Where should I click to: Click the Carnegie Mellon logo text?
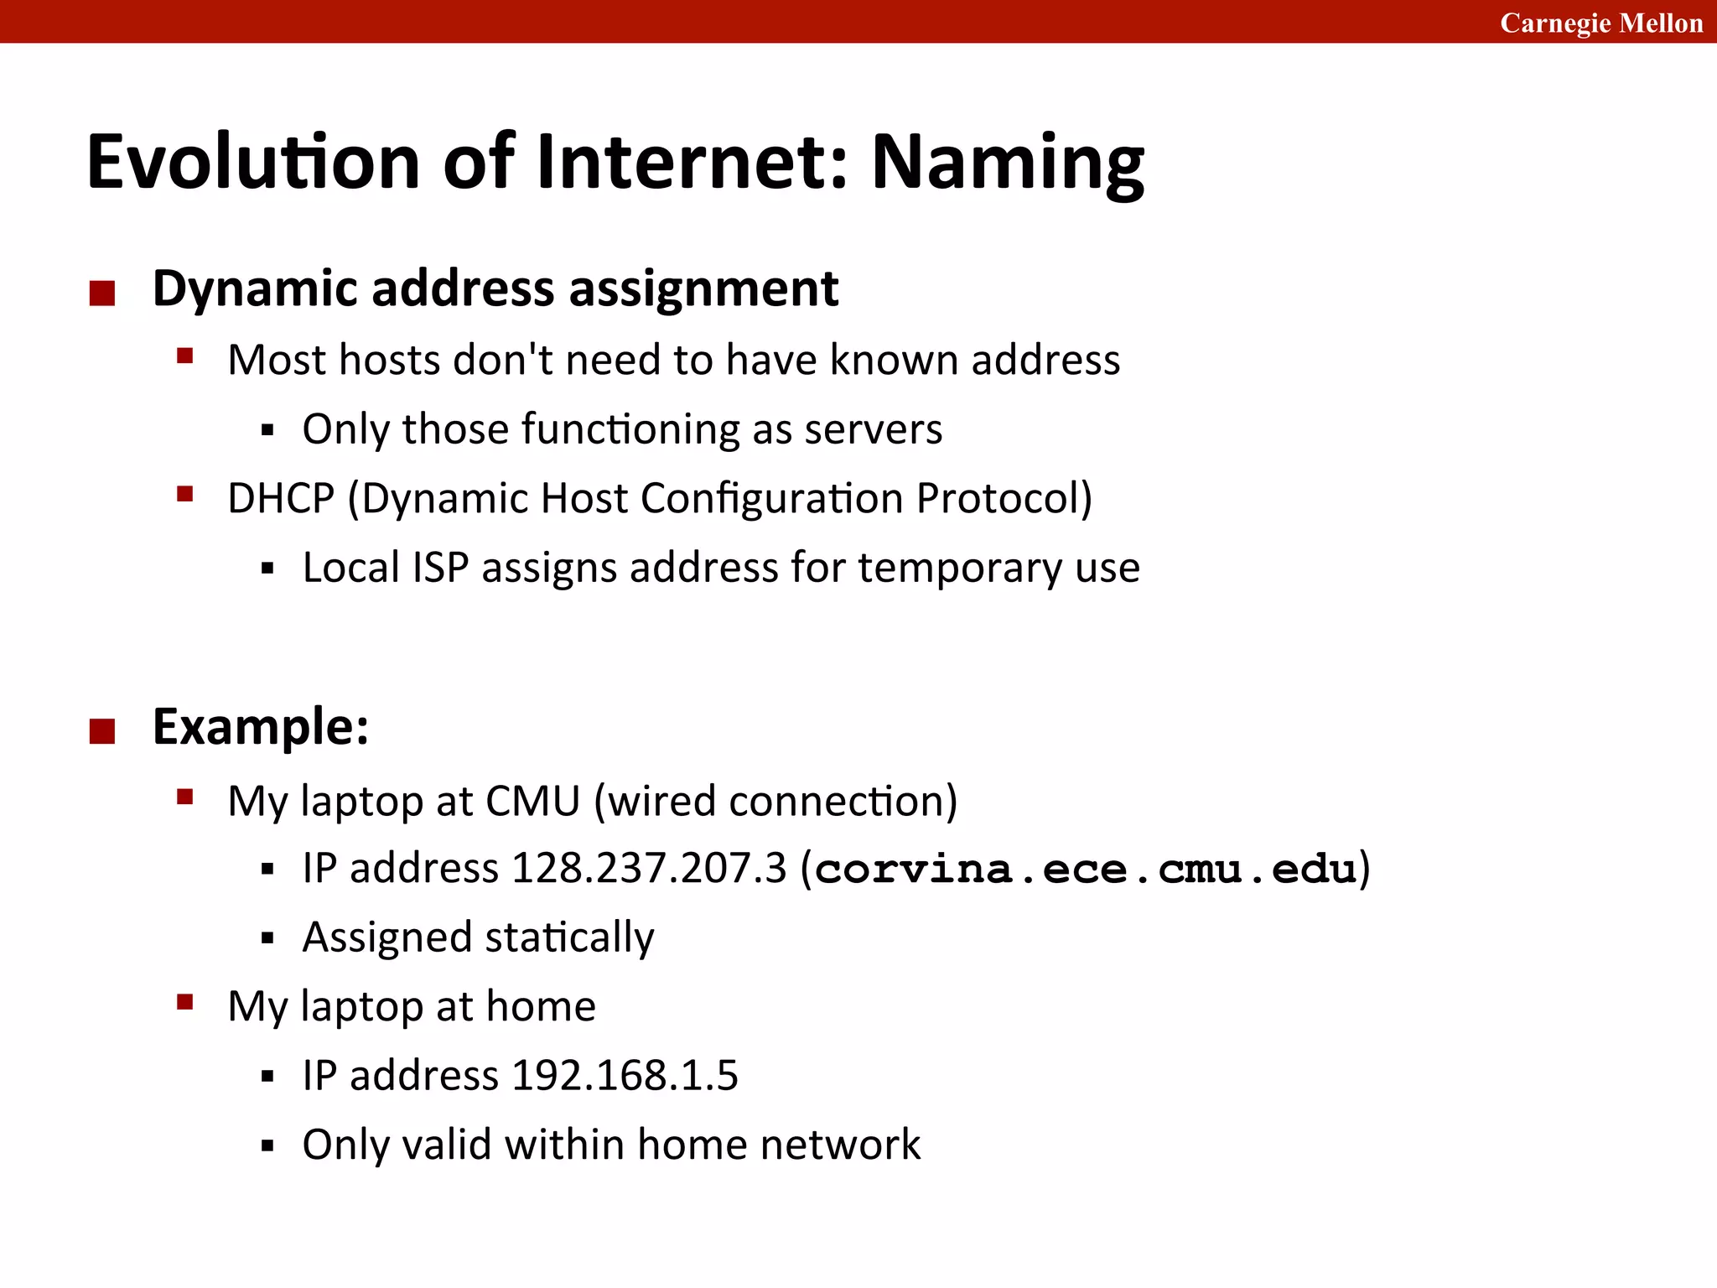1600,23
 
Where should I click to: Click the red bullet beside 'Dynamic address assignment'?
102,293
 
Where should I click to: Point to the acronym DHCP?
281,498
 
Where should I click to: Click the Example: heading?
261,726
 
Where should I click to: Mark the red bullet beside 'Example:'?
102,731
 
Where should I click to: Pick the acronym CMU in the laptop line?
532,801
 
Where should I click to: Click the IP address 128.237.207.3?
649,868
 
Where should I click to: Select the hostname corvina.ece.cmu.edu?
1086,869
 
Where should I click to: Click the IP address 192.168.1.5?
625,1076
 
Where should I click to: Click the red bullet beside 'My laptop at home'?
185,1001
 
